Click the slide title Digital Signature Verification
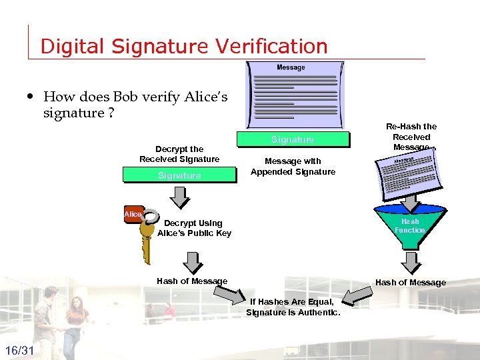tap(184, 46)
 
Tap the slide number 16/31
tap(20, 351)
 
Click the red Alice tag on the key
tap(133, 214)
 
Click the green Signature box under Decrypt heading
tap(179, 175)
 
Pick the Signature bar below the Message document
tap(293, 139)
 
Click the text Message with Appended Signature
tap(293, 166)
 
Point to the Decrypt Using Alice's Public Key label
tap(194, 228)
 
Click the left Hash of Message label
tap(192, 281)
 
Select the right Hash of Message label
tap(411, 283)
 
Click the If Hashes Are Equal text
tap(293, 307)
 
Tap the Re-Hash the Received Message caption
tap(411, 137)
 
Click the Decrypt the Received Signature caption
tap(179, 154)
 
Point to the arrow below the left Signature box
tap(179, 197)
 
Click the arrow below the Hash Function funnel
tap(409, 261)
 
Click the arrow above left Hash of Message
tap(192, 262)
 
